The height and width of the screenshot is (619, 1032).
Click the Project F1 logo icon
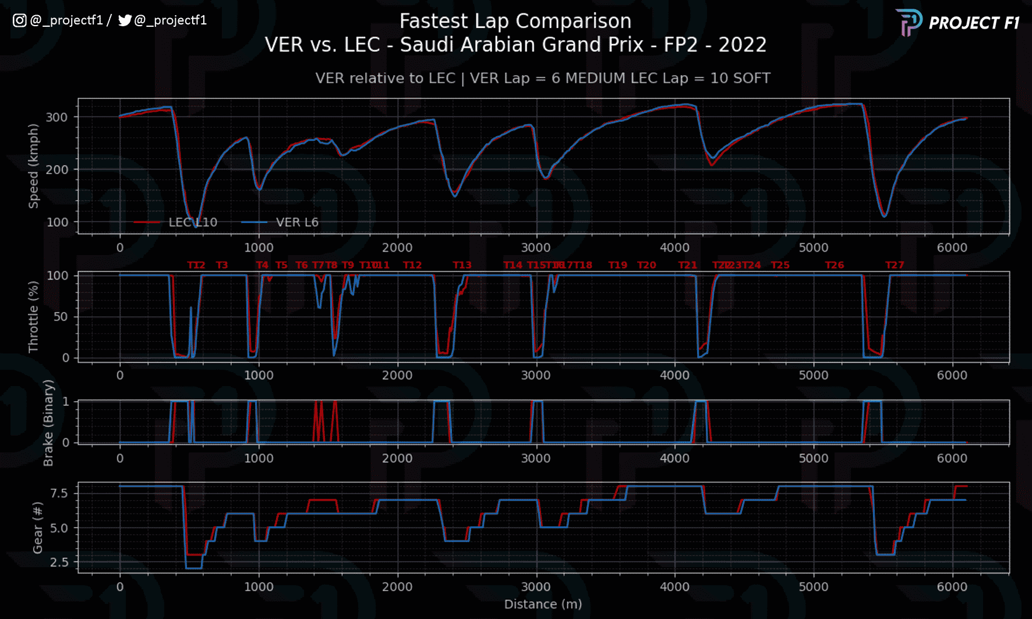pyautogui.click(x=909, y=23)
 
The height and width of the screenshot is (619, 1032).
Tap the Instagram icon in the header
pyautogui.click(x=19, y=20)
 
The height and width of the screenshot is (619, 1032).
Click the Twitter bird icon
pyautogui.click(x=125, y=20)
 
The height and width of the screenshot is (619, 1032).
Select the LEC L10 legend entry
pyautogui.click(x=192, y=222)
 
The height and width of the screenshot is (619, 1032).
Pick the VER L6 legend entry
pyautogui.click(x=297, y=222)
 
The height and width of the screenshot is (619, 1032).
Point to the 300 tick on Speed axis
pyautogui.click(x=57, y=117)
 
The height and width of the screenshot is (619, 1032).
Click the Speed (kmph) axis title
pyautogui.click(x=34, y=166)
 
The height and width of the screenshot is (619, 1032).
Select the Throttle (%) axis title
pyautogui.click(x=34, y=317)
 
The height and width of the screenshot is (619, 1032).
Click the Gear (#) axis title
pyautogui.click(x=38, y=528)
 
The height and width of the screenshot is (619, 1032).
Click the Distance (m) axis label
pyautogui.click(x=543, y=604)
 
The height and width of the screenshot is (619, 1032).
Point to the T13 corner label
pyautogui.click(x=462, y=266)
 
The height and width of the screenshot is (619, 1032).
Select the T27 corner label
pyautogui.click(x=895, y=266)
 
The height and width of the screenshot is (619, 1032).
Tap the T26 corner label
pyautogui.click(x=835, y=266)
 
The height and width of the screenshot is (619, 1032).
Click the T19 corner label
pyautogui.click(x=618, y=266)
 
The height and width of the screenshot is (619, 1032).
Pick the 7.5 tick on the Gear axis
pyautogui.click(x=59, y=494)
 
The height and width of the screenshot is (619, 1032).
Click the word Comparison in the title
pyautogui.click(x=573, y=21)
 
